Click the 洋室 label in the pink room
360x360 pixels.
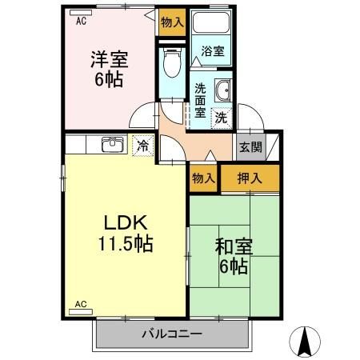109,58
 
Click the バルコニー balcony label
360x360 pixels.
172,333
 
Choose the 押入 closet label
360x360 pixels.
251,178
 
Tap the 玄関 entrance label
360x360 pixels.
250,146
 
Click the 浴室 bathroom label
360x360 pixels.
212,52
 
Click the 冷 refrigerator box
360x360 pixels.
142,146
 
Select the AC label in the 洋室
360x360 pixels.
81,22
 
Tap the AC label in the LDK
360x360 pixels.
81,305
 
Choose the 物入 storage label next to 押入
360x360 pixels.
203,178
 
